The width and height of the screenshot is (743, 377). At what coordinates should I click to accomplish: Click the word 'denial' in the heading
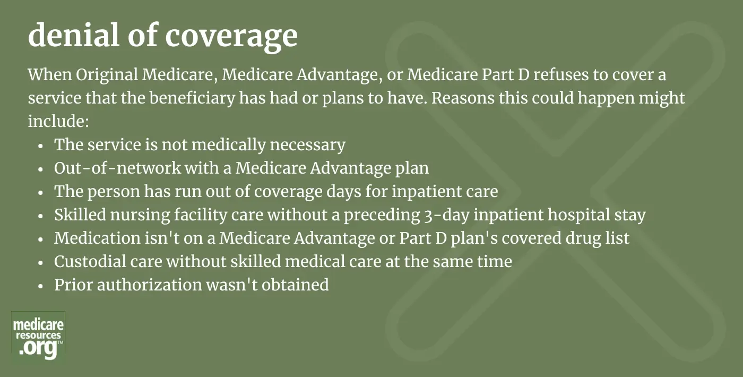coord(74,35)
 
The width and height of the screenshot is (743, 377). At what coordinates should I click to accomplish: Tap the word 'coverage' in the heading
coord(231,38)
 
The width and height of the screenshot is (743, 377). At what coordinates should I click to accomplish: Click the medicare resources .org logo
coord(38,336)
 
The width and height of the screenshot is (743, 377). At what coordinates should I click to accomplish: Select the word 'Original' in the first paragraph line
coord(107,75)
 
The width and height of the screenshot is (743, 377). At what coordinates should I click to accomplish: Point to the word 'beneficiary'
coord(192,98)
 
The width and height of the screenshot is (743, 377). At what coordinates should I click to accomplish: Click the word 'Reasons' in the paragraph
coord(463,98)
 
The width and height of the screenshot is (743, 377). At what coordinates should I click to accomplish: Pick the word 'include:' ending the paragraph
coord(59,121)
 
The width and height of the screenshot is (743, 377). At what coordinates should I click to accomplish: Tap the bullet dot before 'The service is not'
coord(41,145)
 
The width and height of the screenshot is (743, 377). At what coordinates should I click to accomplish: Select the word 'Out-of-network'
coord(117,168)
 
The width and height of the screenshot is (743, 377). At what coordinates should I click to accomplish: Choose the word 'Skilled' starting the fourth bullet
coord(80,215)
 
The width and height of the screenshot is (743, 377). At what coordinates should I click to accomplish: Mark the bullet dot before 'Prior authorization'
coord(41,286)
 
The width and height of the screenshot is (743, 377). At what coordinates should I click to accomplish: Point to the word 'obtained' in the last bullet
coord(295,285)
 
